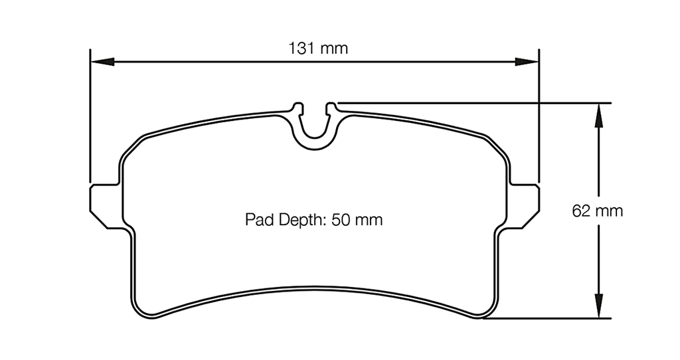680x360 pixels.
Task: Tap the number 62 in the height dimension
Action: coord(580,211)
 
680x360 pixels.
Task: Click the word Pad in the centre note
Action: coord(258,220)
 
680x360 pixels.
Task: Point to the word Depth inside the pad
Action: coord(301,220)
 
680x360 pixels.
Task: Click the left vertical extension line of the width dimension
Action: coord(90,120)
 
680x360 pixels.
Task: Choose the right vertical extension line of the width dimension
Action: coord(539,120)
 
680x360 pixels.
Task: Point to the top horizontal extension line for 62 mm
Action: coord(465,103)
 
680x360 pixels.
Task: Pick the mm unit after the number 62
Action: coord(610,211)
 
